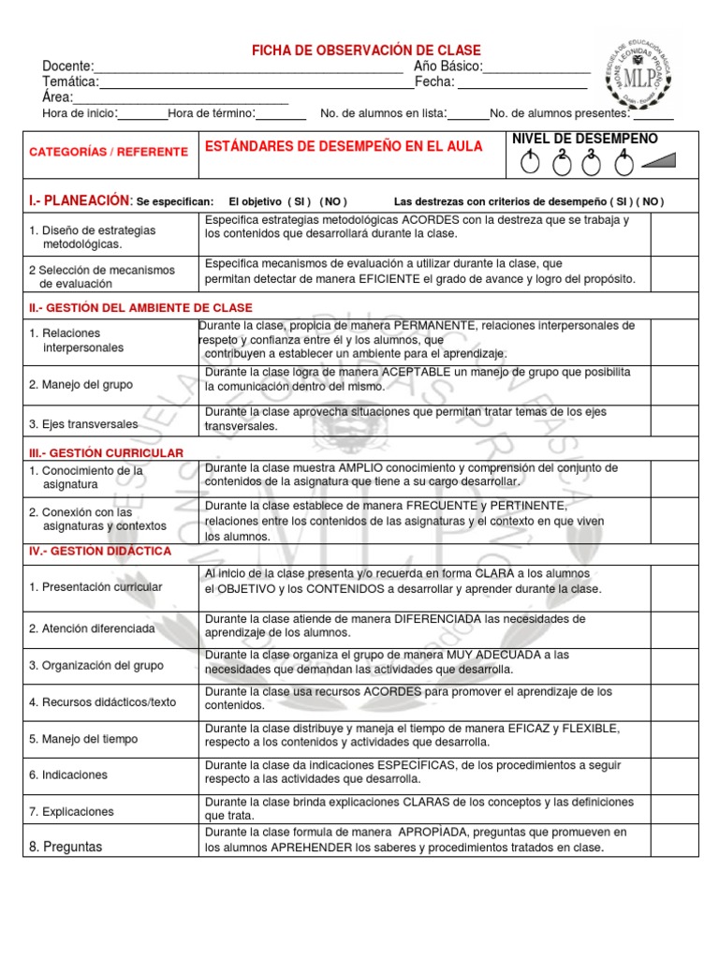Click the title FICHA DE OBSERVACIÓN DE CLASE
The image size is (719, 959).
click(367, 50)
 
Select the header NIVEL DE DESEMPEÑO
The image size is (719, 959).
click(585, 139)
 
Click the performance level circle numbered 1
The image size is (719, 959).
click(530, 164)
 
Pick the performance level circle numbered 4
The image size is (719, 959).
click(622, 164)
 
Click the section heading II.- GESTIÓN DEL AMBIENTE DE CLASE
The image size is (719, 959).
click(140, 307)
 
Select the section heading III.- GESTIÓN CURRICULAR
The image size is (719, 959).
click(106, 452)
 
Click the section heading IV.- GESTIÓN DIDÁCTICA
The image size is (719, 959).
click(100, 552)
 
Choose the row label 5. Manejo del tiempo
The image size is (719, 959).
click(83, 738)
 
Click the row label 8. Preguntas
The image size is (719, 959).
click(66, 847)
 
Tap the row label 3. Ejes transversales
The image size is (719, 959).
click(82, 424)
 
